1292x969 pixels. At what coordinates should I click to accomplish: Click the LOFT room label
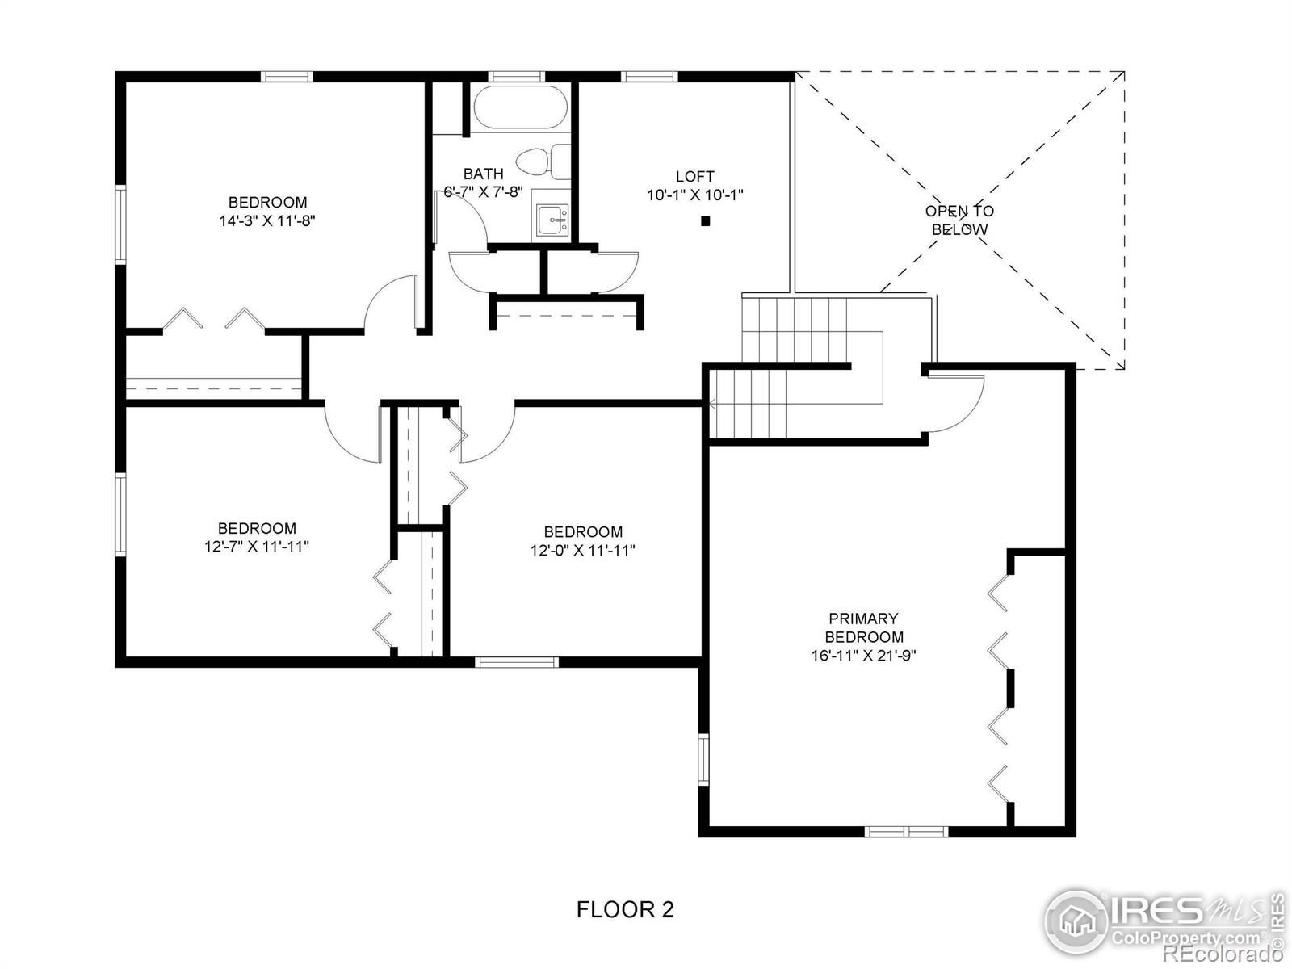point(694,176)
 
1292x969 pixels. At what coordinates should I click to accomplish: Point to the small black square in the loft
point(705,220)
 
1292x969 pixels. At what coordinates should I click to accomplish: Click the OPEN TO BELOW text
point(959,220)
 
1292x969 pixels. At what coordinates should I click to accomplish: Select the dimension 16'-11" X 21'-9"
point(862,656)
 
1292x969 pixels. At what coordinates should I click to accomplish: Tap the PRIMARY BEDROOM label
point(863,627)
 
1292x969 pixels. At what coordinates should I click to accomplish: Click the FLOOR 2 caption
point(625,910)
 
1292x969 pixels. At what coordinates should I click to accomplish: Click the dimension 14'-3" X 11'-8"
point(266,220)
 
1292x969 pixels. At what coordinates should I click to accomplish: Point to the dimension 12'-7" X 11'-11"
point(256,547)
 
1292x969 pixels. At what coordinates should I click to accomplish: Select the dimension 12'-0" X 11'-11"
point(582,551)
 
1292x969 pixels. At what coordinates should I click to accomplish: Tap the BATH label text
point(483,174)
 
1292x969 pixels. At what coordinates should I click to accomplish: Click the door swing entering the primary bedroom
point(957,404)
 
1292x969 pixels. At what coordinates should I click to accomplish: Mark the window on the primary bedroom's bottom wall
point(905,831)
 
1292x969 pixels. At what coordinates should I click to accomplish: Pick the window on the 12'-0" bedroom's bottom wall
point(517,662)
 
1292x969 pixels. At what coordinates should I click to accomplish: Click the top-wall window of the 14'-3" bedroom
point(286,77)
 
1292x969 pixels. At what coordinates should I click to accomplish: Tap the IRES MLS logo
point(1163,921)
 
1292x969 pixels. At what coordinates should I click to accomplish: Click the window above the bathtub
point(518,77)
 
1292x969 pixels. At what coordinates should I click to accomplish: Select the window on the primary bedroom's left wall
point(703,759)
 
